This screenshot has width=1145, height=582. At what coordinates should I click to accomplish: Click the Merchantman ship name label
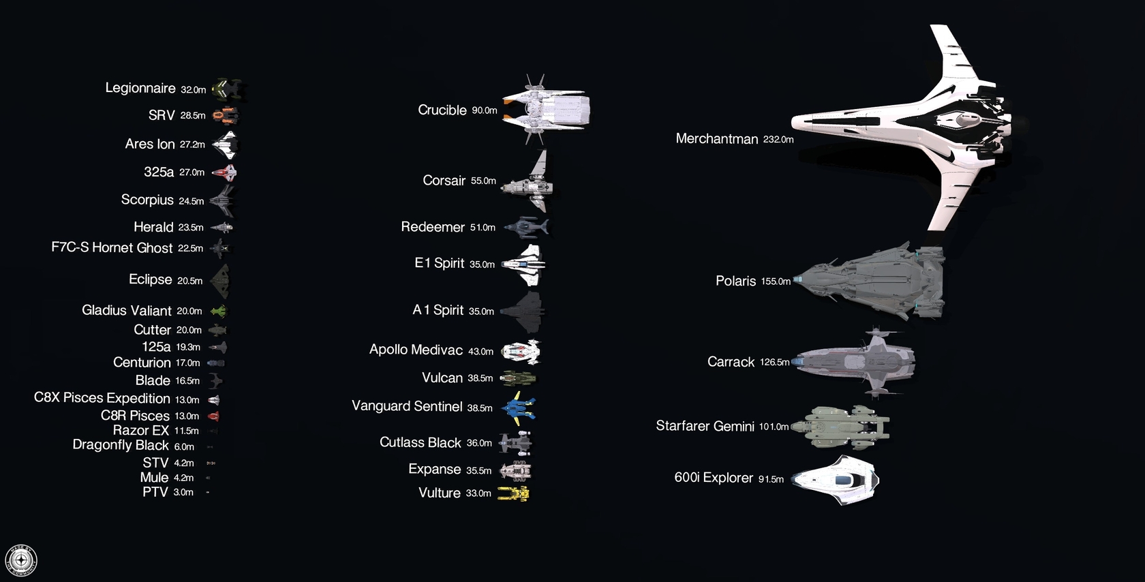[x=717, y=138]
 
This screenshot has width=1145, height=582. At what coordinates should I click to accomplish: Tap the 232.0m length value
[x=778, y=139]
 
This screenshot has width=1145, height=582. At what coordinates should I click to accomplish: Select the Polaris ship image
[x=869, y=281]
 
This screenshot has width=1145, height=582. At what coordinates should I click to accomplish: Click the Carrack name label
[x=731, y=362]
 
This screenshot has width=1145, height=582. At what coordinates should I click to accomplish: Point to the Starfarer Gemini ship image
[x=841, y=427]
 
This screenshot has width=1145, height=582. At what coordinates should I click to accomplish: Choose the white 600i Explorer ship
[x=836, y=479]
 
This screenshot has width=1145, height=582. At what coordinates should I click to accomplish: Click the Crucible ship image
[x=546, y=109]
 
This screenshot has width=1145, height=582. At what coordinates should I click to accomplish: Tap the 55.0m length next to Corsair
[x=483, y=181]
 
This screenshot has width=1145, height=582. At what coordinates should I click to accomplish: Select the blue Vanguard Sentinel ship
[x=518, y=408]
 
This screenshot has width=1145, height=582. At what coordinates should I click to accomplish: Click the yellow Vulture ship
[x=514, y=493]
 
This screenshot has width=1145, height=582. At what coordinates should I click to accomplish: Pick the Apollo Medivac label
[x=416, y=350]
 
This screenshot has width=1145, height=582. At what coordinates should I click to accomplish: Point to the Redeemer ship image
[x=526, y=227]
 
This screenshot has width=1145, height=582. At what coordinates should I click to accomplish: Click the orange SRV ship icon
[x=225, y=115]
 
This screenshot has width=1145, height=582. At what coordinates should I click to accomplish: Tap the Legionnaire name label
[x=140, y=88]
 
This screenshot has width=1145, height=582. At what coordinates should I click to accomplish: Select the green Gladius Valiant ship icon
[x=219, y=311]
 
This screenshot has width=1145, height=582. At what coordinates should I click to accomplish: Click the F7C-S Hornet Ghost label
[x=112, y=248]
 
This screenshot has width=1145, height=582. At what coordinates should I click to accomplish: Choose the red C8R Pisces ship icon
[x=214, y=416]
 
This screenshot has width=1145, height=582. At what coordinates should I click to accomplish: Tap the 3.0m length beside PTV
[x=183, y=492]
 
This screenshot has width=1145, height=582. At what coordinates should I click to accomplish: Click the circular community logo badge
[x=21, y=561]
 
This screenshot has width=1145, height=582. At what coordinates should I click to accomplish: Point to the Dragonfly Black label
[x=121, y=444]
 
